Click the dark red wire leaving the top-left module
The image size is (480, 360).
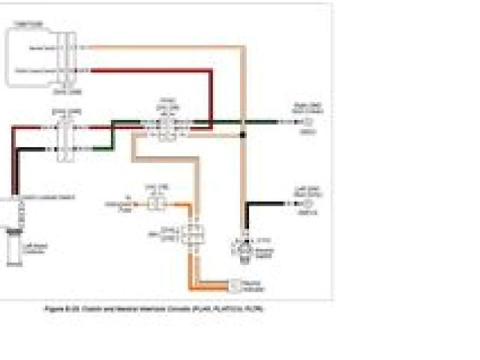click(150, 70)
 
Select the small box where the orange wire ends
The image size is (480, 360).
click(234, 285)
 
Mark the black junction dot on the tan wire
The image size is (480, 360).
click(242, 135)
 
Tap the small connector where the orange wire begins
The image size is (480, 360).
click(156, 202)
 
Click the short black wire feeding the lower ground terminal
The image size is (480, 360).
click(266, 203)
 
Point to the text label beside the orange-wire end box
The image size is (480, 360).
click(255, 286)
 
